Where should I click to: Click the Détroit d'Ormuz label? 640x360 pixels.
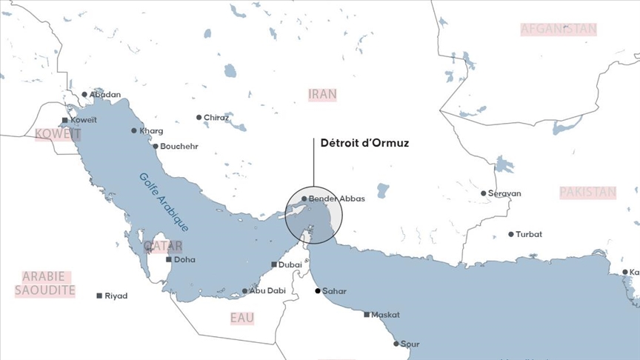[364, 144]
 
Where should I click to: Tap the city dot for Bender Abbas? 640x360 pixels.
[304, 199]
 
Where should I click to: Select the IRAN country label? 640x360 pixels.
[322, 94]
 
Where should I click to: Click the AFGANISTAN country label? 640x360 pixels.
[559, 29]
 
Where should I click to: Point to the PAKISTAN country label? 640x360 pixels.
[587, 192]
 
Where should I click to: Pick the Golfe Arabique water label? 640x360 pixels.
[164, 201]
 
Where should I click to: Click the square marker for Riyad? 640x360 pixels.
[99, 296]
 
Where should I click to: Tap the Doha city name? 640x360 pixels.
[185, 260]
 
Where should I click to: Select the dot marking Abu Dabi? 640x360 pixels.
[245, 291]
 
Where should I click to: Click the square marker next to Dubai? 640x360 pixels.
[274, 264]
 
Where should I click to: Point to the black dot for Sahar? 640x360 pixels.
[317, 291]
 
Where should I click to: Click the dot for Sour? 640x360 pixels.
[396, 344]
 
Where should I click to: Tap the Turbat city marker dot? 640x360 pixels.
[510, 234]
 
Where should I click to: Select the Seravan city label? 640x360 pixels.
[504, 193]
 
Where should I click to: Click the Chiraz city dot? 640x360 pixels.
[199, 117]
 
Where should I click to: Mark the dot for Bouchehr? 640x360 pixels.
[156, 146]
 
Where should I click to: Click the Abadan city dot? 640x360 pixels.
[84, 95]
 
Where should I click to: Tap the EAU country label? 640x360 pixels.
[241, 318]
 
